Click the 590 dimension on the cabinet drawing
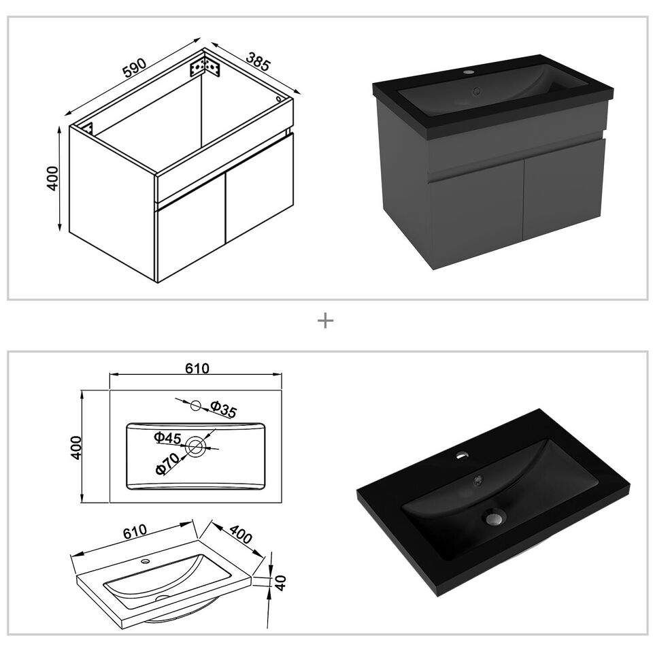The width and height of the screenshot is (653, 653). click(x=135, y=68)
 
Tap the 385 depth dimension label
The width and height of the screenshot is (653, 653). click(x=258, y=61)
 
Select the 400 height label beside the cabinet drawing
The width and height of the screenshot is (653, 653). click(x=52, y=178)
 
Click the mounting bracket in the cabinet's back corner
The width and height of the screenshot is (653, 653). click(x=205, y=67)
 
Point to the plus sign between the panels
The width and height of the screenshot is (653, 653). click(x=325, y=320)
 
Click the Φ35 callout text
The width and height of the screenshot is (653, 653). click(x=223, y=409)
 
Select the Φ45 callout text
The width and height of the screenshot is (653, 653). click(x=167, y=437)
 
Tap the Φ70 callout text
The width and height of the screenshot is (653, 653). click(x=167, y=463)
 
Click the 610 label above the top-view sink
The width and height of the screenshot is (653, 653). click(x=197, y=368)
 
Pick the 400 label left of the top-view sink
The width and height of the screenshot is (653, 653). click(x=76, y=448)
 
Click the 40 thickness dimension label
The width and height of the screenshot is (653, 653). click(x=281, y=583)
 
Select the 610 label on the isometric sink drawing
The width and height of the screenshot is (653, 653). click(x=135, y=531)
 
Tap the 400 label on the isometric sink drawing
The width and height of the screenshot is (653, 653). click(x=241, y=535)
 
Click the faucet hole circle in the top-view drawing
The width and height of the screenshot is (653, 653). click(x=196, y=405)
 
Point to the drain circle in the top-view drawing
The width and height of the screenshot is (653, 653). click(x=195, y=446)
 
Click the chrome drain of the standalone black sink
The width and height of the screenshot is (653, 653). click(x=494, y=518)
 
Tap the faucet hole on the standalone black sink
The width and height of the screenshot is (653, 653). click(x=461, y=455)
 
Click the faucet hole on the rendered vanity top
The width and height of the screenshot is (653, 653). click(x=469, y=72)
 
